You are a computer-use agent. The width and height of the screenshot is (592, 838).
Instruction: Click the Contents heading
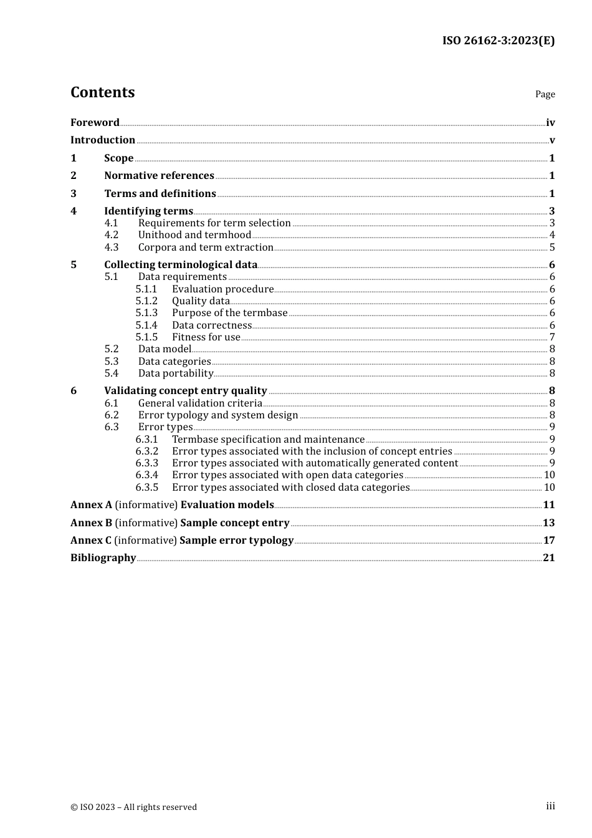tap(102, 92)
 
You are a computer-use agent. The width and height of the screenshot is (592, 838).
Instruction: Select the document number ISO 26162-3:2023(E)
tap(499, 41)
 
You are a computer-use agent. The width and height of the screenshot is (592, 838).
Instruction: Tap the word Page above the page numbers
tap(545, 94)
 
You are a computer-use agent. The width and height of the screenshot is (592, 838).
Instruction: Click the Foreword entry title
tap(95, 122)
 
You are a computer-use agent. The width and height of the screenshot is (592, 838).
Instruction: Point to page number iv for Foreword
tap(550, 123)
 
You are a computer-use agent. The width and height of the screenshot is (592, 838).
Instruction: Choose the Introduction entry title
tap(103, 140)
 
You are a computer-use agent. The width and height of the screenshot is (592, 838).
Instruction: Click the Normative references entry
tap(159, 176)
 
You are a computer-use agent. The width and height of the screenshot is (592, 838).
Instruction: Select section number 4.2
tap(112, 235)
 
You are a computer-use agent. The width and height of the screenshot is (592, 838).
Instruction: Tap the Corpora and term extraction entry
tap(206, 247)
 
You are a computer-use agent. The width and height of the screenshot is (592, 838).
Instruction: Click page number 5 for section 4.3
tap(552, 248)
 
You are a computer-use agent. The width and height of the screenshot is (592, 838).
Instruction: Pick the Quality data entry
tap(201, 301)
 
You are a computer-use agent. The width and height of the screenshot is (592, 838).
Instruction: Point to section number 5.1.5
tap(146, 337)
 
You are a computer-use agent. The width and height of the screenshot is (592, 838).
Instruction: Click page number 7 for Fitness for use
tap(552, 337)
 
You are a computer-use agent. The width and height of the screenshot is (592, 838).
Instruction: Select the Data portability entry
tap(176, 373)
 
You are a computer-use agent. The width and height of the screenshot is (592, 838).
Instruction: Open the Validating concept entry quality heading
tap(185, 391)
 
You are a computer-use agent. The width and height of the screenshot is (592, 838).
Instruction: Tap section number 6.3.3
tap(146, 463)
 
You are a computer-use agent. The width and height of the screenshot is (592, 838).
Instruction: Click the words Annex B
tap(91, 523)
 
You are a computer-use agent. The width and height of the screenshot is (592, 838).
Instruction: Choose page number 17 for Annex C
tap(549, 541)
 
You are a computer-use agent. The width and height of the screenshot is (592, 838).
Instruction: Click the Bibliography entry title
tap(103, 558)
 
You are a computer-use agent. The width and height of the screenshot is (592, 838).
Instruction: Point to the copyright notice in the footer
tap(133, 807)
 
